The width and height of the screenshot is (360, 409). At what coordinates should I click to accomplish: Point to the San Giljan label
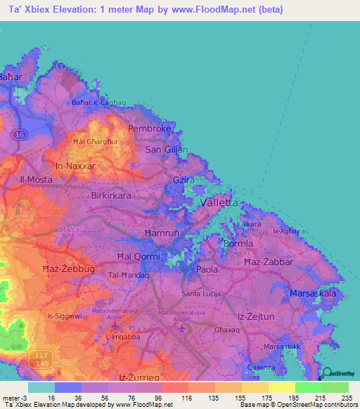(167, 150)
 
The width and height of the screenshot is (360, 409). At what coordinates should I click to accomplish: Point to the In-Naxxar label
(75, 166)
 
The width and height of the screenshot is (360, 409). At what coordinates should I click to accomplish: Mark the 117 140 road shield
(41, 361)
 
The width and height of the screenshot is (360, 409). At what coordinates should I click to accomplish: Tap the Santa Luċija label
(202, 292)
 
